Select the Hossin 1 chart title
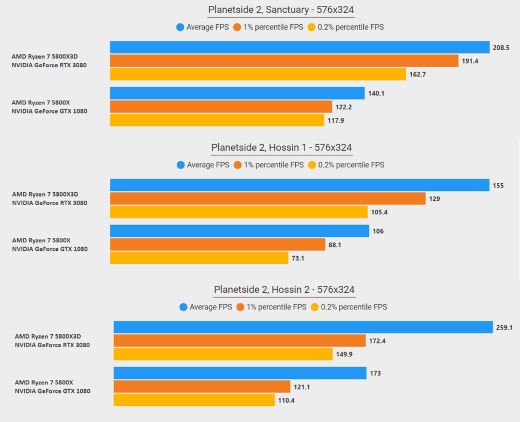click(282, 147)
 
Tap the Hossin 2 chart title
click(284, 290)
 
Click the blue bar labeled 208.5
click(299, 47)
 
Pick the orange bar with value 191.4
click(284, 61)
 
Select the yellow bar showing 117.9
click(217, 120)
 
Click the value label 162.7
click(418, 74)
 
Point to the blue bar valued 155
click(299, 185)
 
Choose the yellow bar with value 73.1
click(199, 258)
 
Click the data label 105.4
click(379, 212)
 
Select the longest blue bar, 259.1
click(303, 327)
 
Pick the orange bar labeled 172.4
click(239, 341)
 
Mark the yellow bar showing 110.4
click(194, 400)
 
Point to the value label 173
click(376, 373)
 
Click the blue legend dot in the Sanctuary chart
click(180, 27)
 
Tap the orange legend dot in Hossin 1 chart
click(237, 165)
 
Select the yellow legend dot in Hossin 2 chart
click(314, 307)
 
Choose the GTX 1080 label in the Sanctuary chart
click(49, 111)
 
